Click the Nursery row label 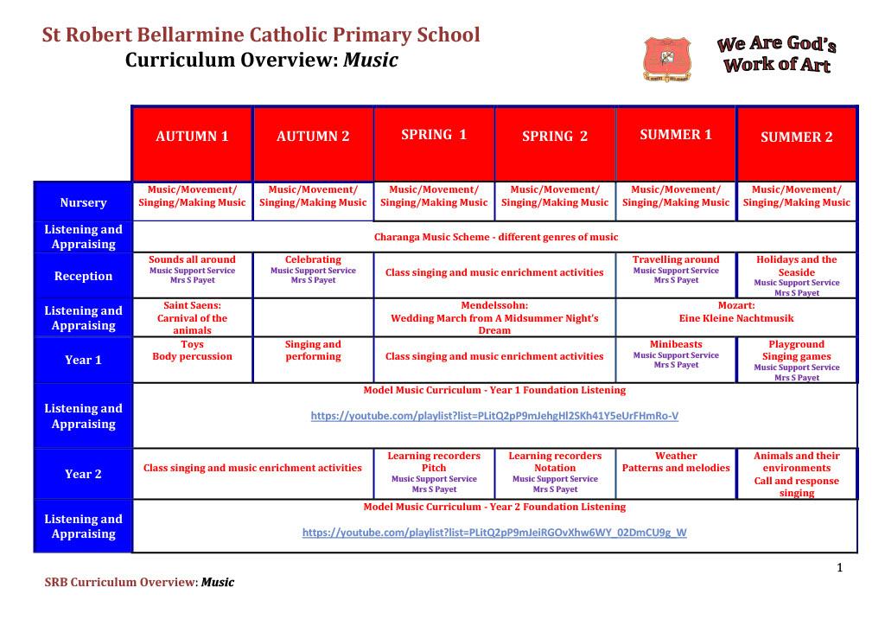click(83, 202)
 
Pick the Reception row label click(83, 276)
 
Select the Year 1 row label click(83, 360)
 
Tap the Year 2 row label click(83, 474)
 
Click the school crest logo click(666, 59)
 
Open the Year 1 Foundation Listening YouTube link click(494, 416)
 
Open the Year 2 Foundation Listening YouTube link click(494, 533)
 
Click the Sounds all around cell click(192, 275)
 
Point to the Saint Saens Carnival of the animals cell click(192, 318)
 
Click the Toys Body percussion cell click(192, 360)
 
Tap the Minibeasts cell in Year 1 click(676, 360)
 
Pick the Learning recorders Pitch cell click(434, 474)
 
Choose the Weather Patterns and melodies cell click(676, 474)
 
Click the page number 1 click(840, 567)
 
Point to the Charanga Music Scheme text click(496, 237)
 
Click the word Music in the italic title click(370, 60)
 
